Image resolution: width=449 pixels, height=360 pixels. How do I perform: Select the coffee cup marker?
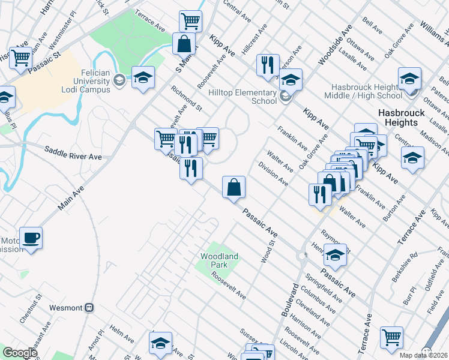pyautogui.click(x=31, y=238)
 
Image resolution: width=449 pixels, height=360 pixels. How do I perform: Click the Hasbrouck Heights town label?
pyautogui.click(x=402, y=118)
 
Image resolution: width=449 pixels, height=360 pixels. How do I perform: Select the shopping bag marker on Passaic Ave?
pyautogui.click(x=234, y=187)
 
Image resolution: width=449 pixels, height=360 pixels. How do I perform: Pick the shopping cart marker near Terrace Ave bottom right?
pyautogui.click(x=391, y=337)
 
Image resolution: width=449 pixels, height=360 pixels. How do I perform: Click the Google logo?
pyautogui.click(x=20, y=353)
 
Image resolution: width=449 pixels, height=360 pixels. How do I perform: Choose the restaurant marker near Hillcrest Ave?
pyautogui.click(x=268, y=64)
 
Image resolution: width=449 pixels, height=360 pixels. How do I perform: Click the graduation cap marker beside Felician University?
pyautogui.click(x=143, y=77)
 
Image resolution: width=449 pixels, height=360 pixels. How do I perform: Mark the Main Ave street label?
pyautogui.click(x=71, y=197)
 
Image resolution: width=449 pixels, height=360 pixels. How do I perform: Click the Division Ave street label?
pyautogui.click(x=273, y=174)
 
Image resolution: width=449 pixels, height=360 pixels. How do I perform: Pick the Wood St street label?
pyautogui.click(x=268, y=251)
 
